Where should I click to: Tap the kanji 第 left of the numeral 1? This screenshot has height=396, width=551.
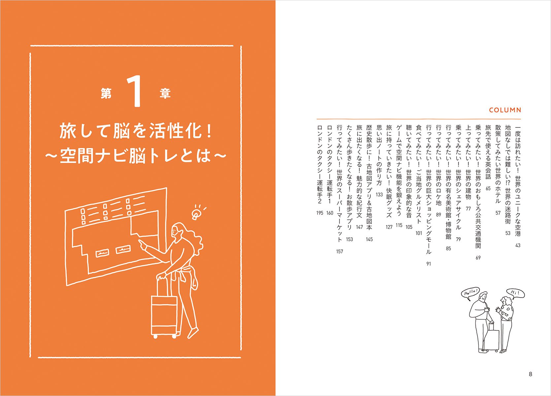click(106, 93)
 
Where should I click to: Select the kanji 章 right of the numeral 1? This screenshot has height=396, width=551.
click(165, 93)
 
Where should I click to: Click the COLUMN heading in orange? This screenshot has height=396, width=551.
click(505, 110)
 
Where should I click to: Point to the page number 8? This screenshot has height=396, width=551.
click(530, 374)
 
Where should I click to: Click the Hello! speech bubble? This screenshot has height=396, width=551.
click(470, 293)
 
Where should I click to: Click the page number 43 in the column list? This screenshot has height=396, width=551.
click(518, 245)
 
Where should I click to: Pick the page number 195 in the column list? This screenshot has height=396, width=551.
click(320, 213)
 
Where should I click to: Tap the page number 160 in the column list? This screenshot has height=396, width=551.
click(330, 213)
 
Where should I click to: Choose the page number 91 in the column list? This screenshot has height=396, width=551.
click(429, 264)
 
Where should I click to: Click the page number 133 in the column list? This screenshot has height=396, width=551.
click(379, 195)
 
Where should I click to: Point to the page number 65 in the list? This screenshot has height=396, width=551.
click(488, 188)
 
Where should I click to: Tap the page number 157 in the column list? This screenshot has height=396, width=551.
click(340, 251)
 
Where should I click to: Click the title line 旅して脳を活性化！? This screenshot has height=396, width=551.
click(136, 131)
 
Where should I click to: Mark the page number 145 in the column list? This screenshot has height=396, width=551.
click(369, 239)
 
